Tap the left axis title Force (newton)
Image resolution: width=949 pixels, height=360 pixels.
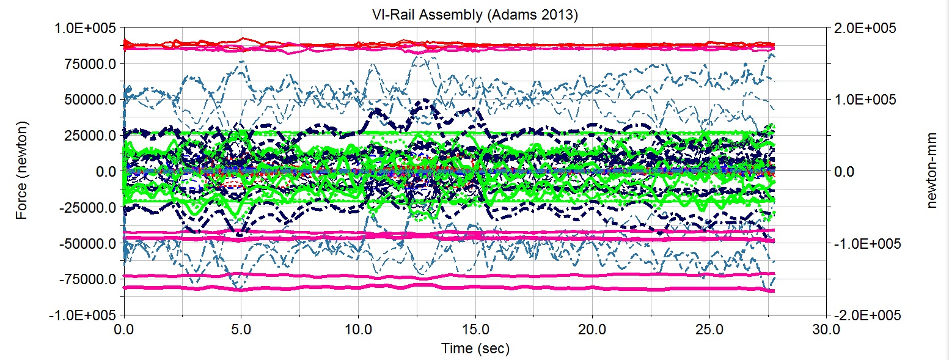[21, 171]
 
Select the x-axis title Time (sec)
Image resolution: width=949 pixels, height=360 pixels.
[475, 348]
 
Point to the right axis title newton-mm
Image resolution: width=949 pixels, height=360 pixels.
[931, 171]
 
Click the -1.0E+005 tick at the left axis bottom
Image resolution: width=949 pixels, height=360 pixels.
[84, 315]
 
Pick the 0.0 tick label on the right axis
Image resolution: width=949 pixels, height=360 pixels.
[845, 171]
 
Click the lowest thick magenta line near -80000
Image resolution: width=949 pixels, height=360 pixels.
[428, 287]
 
